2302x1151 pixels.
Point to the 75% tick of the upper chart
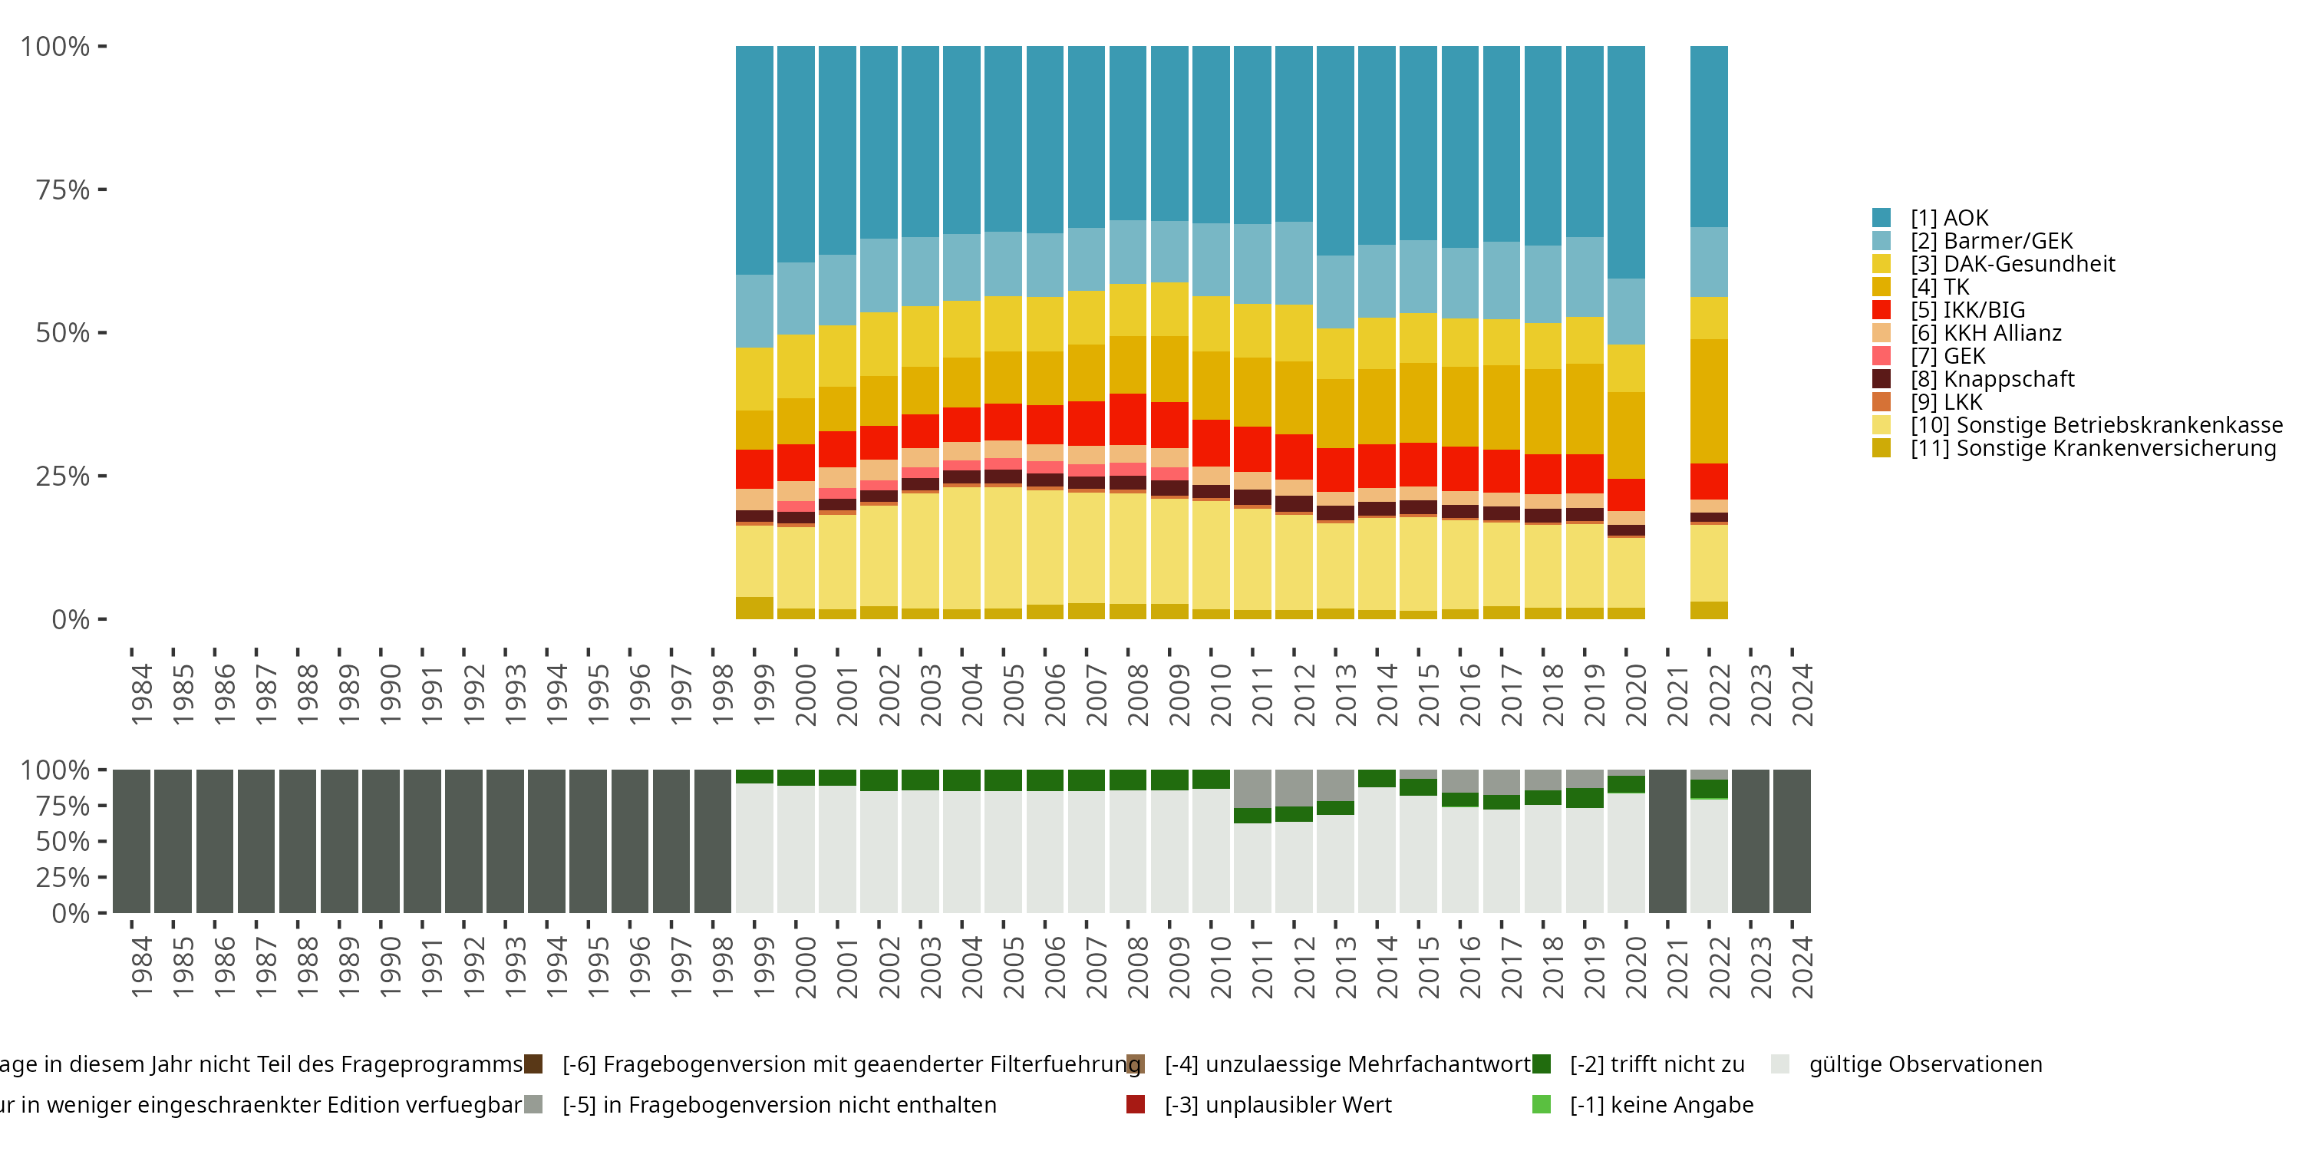click(x=63, y=190)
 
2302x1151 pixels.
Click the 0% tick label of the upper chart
click(x=70, y=619)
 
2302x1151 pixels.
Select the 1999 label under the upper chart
click(x=764, y=694)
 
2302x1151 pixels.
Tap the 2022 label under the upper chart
click(x=1720, y=694)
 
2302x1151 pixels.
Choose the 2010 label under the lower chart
click(x=1221, y=967)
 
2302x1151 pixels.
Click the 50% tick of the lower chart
click(x=63, y=841)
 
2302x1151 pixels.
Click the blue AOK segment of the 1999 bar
click(x=754, y=161)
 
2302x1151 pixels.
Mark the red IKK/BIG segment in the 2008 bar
click(x=1128, y=419)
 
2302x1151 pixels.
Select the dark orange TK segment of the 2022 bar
click(x=1709, y=401)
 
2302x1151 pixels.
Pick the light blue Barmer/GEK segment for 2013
click(x=1335, y=292)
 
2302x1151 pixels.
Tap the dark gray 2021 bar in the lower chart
click(x=1667, y=841)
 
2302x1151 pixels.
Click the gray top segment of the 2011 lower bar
click(x=1252, y=788)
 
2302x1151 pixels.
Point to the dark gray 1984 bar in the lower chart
click(x=131, y=841)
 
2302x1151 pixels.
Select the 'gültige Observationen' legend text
click(x=1925, y=1064)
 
